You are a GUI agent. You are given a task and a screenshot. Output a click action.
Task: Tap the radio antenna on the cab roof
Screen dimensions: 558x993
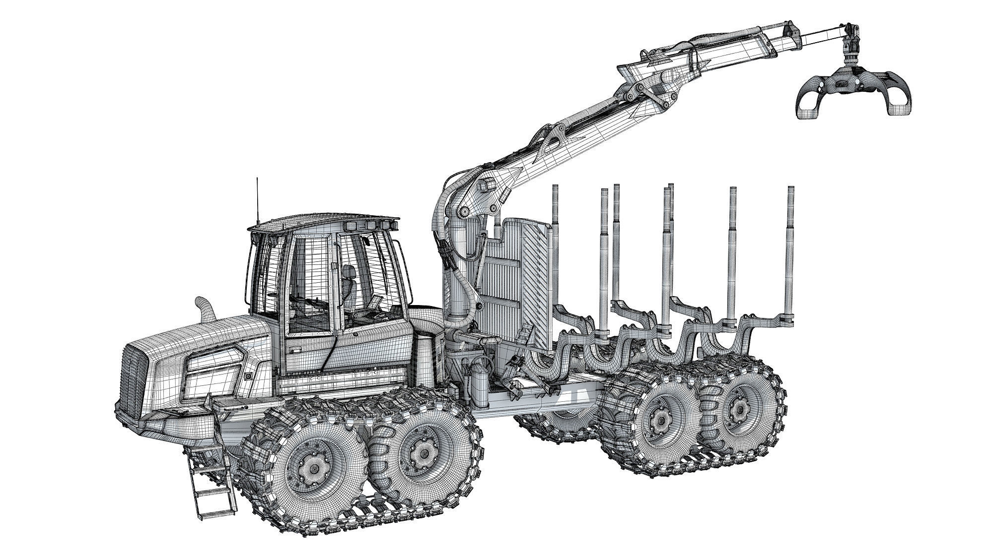(x=257, y=198)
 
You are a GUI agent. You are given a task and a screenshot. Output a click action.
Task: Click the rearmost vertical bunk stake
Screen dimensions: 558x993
(x=790, y=253)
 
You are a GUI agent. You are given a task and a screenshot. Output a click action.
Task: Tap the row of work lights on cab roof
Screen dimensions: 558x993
(x=370, y=226)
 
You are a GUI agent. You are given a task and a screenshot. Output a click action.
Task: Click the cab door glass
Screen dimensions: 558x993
(x=310, y=283)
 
